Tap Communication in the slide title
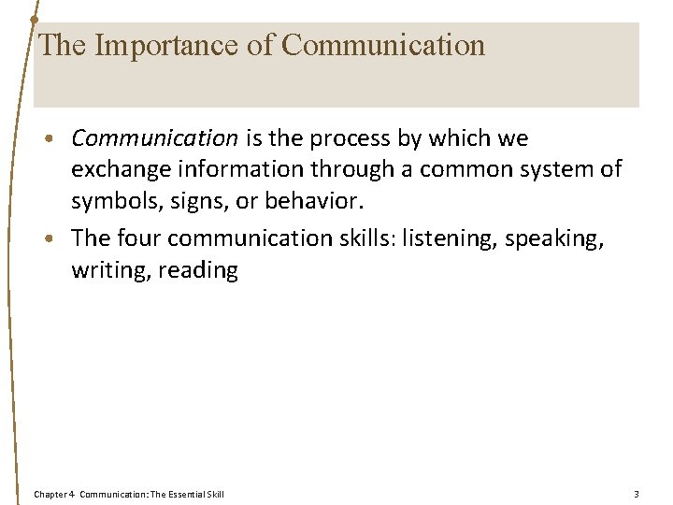tap(383, 45)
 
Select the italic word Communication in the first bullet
tap(154, 138)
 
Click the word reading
tap(198, 270)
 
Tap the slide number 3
tap(636, 493)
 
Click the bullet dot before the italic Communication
tap(59, 139)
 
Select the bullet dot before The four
tap(59, 238)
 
